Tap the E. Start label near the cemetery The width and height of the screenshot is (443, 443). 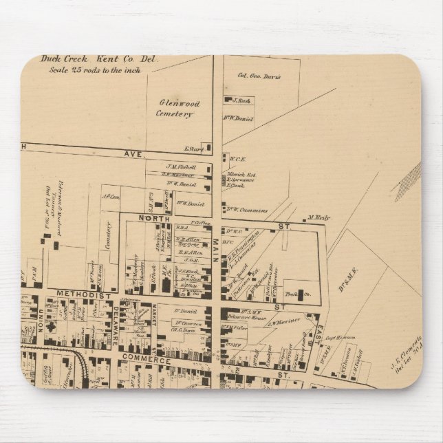[191, 148]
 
